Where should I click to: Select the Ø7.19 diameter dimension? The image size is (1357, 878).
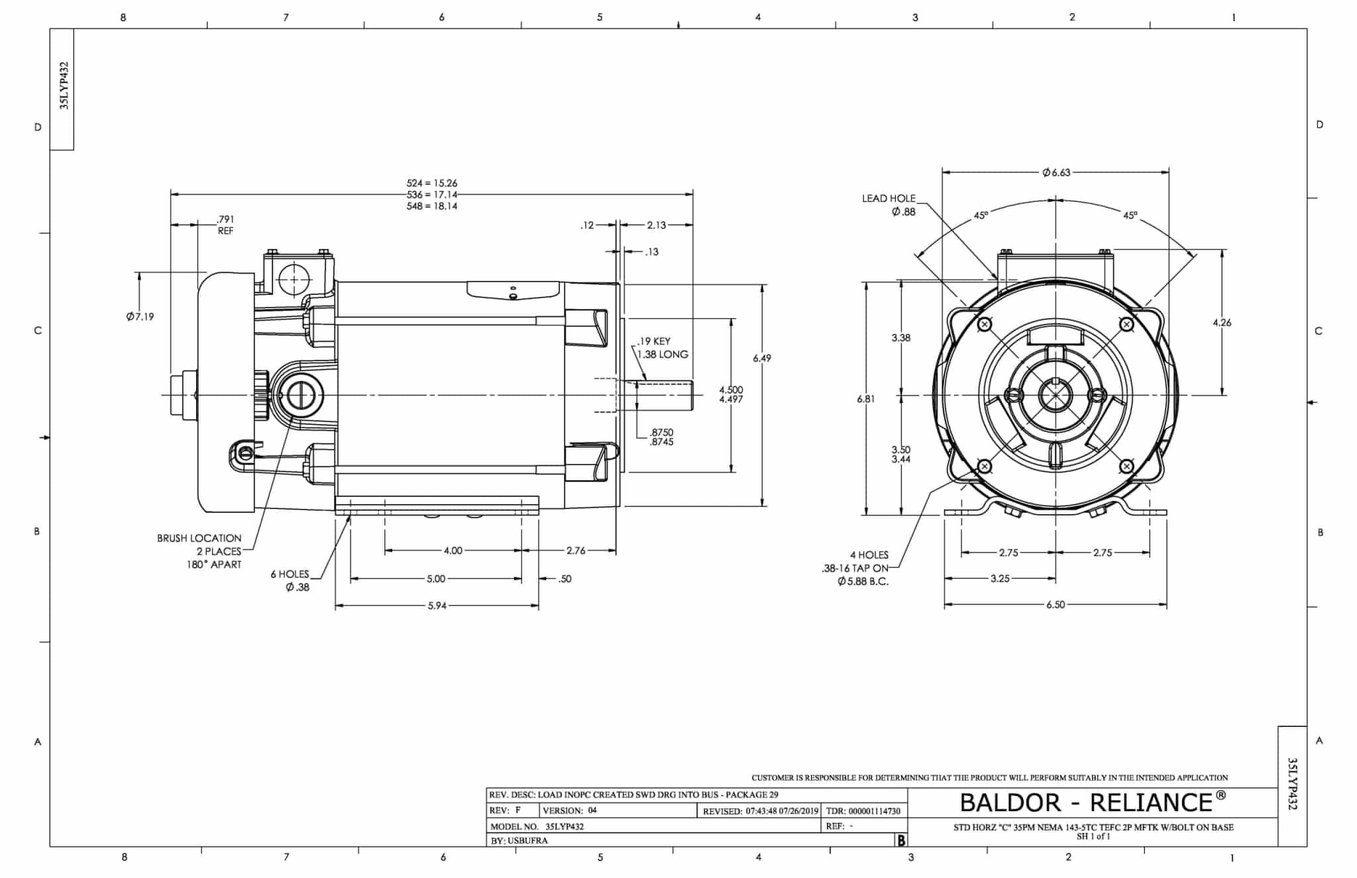[x=140, y=317]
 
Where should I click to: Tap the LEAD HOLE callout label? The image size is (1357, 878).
[x=889, y=199]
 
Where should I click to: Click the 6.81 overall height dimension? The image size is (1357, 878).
[x=865, y=399]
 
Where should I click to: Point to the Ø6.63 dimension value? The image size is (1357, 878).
[x=1056, y=172]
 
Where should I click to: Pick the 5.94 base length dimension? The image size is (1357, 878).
[x=437, y=606]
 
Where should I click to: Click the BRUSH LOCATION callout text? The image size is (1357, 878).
[x=199, y=538]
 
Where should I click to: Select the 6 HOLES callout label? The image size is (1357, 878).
[x=290, y=575]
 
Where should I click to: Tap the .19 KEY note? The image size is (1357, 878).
[x=654, y=341]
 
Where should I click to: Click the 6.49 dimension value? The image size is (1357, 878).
[x=762, y=358]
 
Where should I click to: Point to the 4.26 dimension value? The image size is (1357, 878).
[x=1222, y=323]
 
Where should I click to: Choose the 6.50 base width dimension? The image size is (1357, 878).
[x=1056, y=605]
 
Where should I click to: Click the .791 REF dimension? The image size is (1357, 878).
[x=225, y=219]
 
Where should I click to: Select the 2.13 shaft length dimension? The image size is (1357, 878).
[x=656, y=225]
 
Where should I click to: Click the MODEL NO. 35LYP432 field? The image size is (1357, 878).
[x=537, y=826]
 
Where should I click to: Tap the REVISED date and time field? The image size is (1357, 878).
[x=761, y=810]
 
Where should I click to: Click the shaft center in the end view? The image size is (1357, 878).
[x=1055, y=396]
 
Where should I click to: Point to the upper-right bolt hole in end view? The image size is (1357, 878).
[x=1126, y=324]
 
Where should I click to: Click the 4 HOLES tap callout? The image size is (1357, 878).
[x=869, y=555]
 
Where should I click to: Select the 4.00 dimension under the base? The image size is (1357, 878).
[x=453, y=551]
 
